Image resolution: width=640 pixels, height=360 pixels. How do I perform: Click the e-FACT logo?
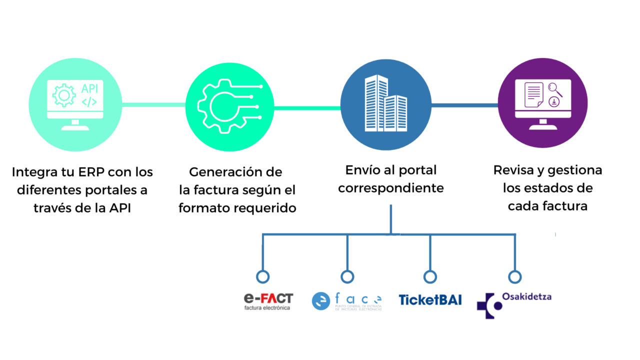268,301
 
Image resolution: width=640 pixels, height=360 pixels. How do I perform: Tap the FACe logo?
346,301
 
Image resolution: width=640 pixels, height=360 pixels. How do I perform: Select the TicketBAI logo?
430,300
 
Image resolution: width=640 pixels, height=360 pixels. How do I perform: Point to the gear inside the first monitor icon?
63,95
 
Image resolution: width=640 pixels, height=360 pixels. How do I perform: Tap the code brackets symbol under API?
89,102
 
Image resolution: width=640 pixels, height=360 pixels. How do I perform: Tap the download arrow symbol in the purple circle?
553,102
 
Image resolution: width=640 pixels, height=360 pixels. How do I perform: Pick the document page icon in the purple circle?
533,94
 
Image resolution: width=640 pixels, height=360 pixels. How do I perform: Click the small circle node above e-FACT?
262,276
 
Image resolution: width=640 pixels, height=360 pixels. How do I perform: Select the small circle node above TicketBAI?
430,276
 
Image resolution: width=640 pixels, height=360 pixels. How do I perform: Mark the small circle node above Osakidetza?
514,276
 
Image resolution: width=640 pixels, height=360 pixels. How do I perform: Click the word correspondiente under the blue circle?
390,188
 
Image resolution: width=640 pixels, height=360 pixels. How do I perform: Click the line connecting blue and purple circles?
464,105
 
